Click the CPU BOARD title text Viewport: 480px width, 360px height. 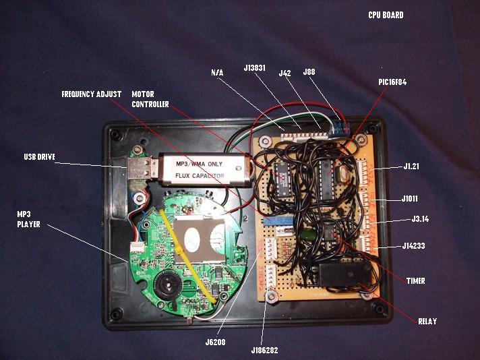tap(386, 15)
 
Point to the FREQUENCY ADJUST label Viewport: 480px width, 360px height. tap(91, 94)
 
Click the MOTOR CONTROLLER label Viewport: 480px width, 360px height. tap(150, 99)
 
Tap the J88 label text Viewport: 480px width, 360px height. tap(309, 71)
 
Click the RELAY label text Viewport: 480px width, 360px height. tap(427, 322)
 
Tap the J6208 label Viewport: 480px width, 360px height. tap(216, 342)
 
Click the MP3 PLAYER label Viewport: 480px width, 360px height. tap(28, 219)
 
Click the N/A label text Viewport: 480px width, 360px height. tap(217, 71)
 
